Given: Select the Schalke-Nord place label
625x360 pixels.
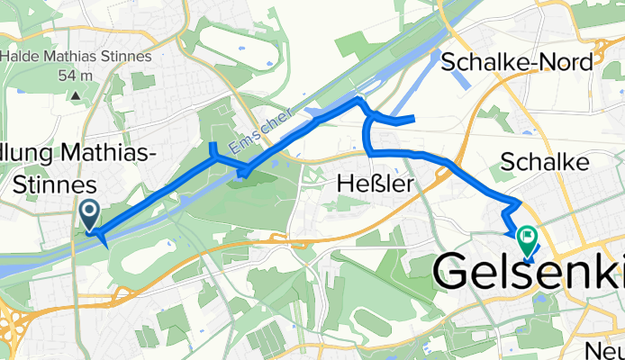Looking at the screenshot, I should coord(518,62).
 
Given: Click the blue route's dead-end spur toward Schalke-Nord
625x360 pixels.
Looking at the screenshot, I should coord(401,119).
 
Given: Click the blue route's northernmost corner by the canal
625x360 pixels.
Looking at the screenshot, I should coord(358,97).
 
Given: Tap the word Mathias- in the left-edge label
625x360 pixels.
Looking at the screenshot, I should coord(113,154).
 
